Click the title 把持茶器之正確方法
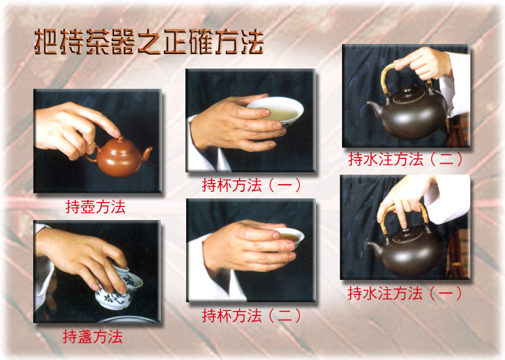(x=149, y=42)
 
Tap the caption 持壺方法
(x=95, y=207)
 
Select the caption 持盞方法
(x=93, y=337)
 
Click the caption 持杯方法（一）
(x=251, y=185)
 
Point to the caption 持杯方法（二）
(x=251, y=316)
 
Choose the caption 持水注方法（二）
(x=405, y=159)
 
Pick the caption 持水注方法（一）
(x=405, y=294)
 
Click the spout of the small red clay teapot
(x=147, y=153)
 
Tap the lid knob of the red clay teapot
(x=120, y=139)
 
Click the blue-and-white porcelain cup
(x=120, y=288)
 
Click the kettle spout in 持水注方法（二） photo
(x=375, y=108)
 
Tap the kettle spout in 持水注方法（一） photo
(x=375, y=249)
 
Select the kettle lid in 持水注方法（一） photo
(x=407, y=234)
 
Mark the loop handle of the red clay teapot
(x=92, y=154)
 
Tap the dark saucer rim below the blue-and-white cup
(x=129, y=320)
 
